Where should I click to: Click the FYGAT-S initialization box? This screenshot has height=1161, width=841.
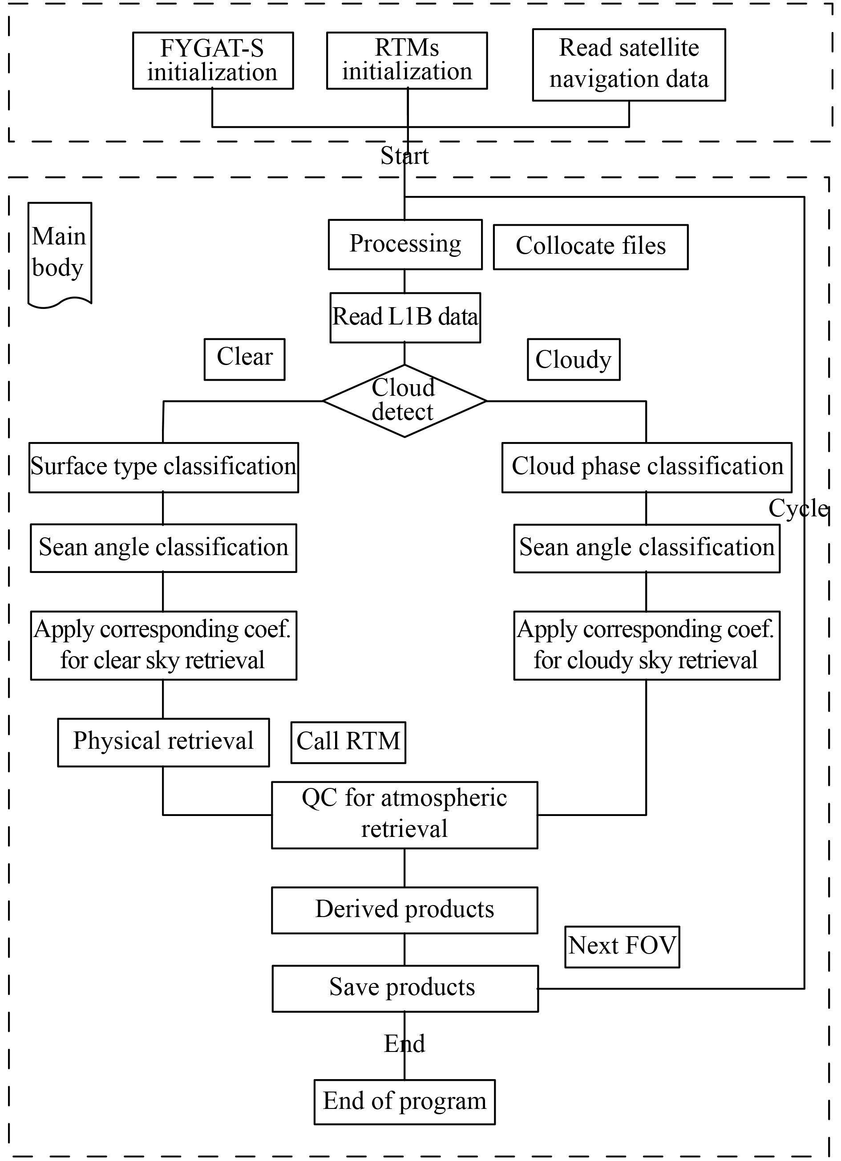(x=213, y=61)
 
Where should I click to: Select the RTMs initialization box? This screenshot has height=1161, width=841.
(x=407, y=61)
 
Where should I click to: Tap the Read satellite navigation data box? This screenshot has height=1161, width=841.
(x=629, y=65)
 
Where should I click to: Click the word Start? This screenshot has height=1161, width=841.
(x=404, y=156)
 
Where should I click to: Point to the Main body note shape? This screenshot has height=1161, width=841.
(x=59, y=253)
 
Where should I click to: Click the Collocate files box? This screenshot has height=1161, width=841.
(x=590, y=246)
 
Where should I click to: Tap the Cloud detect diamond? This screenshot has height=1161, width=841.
(x=404, y=400)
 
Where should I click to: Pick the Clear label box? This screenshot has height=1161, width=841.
(x=245, y=359)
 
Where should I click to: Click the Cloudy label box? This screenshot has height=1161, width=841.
(x=574, y=359)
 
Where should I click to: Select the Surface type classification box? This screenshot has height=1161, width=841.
(x=163, y=467)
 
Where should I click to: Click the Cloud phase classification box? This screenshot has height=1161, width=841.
(x=647, y=467)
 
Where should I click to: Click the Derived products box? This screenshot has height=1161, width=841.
(x=404, y=909)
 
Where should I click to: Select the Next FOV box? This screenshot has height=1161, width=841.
(x=622, y=946)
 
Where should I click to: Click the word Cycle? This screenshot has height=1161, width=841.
(x=797, y=509)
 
